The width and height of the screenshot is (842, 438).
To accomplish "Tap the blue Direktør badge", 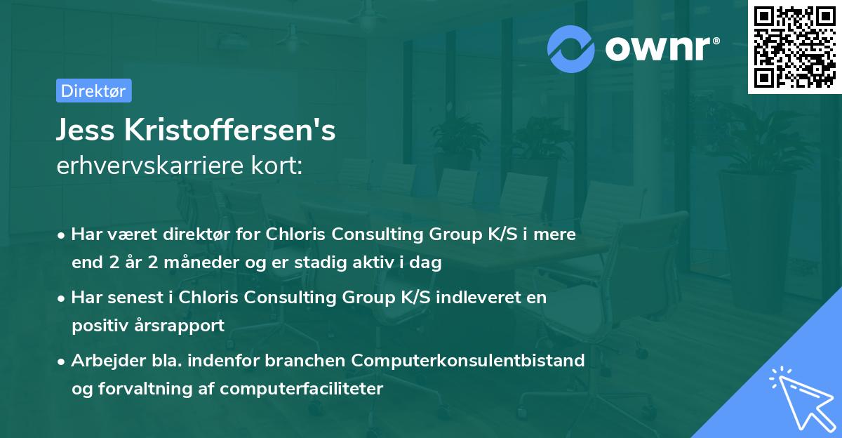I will pos(93,91).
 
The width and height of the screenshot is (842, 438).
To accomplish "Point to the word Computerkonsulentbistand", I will pos(468,360).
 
